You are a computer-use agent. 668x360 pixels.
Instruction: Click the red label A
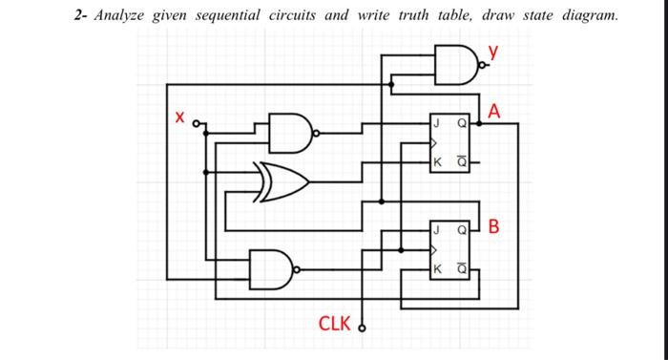(x=492, y=112)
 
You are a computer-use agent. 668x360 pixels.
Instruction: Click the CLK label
(x=334, y=323)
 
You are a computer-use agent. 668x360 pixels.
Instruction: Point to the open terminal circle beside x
(x=198, y=124)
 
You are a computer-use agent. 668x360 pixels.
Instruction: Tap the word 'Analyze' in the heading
(x=122, y=16)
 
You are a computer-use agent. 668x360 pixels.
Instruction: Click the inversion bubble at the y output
(x=484, y=66)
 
